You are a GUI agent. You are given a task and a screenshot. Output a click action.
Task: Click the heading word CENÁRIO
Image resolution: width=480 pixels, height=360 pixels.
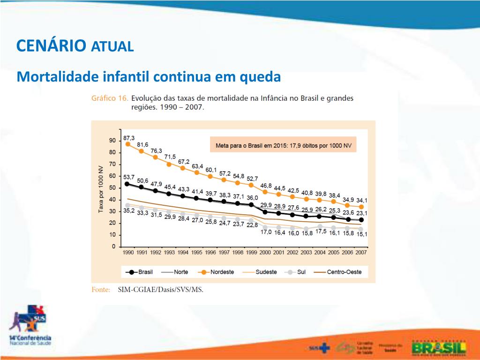tap(51, 45)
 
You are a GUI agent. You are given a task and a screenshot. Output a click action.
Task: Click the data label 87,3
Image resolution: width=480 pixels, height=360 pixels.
tap(129, 138)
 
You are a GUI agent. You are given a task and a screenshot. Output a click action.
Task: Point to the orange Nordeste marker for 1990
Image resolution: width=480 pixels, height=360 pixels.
tap(127, 144)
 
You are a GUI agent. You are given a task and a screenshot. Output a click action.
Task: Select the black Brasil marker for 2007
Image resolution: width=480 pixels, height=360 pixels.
tap(361, 219)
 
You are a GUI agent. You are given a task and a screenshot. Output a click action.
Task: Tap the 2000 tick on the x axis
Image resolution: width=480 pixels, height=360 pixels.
tap(265, 252)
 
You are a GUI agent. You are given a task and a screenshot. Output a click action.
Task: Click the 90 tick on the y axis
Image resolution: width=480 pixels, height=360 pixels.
tap(112, 141)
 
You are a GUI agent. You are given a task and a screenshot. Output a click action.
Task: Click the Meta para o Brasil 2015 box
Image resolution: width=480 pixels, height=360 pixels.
tap(283, 145)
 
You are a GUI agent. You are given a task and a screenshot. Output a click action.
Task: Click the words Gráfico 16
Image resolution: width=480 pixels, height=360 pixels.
tap(109, 98)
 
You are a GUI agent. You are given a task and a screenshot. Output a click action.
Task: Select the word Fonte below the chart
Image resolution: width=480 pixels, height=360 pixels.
tap(101, 290)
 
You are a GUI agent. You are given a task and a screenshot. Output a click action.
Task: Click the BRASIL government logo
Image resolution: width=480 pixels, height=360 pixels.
tap(439, 348)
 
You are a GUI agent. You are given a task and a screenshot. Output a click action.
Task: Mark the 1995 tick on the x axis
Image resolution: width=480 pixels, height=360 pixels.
tap(197, 252)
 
